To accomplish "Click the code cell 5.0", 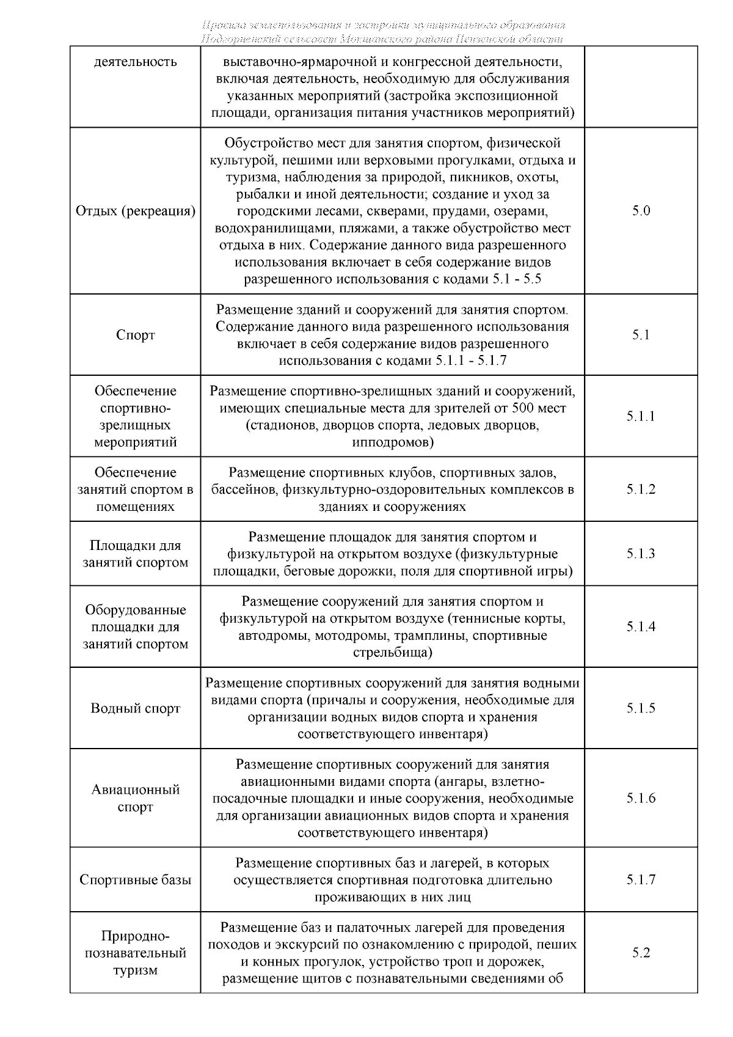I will (x=641, y=211).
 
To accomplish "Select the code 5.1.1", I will (x=641, y=416).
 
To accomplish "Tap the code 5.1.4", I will (x=641, y=627).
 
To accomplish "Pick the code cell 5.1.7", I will (x=641, y=880).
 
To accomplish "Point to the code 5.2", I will (x=641, y=953).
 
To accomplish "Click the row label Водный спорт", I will (x=136, y=708).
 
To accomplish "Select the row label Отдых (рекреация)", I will (x=136, y=211).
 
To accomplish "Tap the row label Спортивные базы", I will (x=136, y=880).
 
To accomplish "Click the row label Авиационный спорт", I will (x=136, y=798).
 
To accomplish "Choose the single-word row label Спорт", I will (x=136, y=335).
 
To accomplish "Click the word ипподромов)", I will (x=393, y=442).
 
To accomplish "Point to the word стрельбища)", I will (x=393, y=653).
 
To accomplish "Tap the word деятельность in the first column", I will (x=136, y=62).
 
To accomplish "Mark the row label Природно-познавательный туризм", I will (x=136, y=953).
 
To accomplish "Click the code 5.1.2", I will (x=641, y=489).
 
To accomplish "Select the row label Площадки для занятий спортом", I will (x=136, y=554).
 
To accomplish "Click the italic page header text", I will (x=383, y=32).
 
